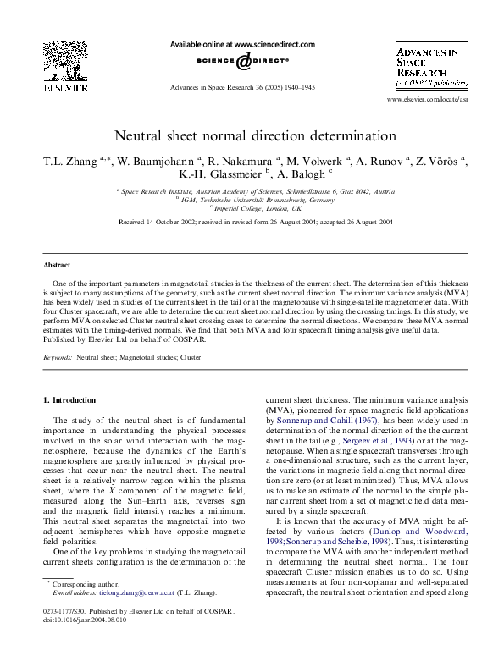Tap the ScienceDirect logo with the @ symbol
pos(243,62)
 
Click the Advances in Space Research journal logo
pos(428,67)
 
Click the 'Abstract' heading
pos(58,264)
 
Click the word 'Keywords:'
pos(58,358)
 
